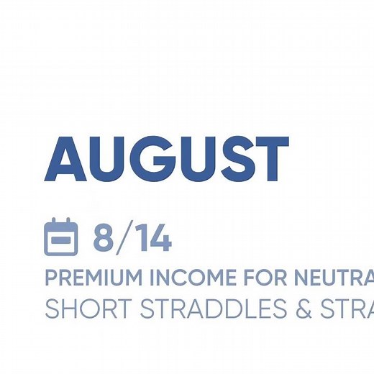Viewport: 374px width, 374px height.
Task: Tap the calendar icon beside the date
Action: click(61, 237)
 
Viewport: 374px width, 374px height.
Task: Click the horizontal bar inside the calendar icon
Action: click(61, 240)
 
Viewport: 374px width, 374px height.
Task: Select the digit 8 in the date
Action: click(104, 239)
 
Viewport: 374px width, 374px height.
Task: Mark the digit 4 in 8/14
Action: click(160, 239)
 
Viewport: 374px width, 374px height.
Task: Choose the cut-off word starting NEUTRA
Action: click(327, 278)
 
